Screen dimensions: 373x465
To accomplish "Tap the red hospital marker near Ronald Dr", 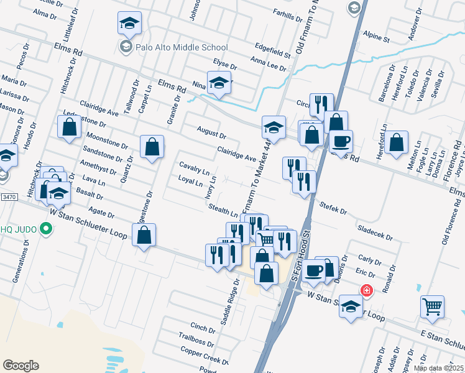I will click(x=367, y=290).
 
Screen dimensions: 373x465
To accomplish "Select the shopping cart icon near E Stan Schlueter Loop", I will click(x=432, y=305).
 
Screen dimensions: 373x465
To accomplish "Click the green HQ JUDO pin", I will click(x=45, y=230).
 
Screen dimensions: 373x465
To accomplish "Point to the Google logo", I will click(x=21, y=366).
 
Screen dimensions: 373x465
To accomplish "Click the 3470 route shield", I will click(x=9, y=197).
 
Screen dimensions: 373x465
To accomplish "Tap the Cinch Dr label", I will click(x=203, y=327).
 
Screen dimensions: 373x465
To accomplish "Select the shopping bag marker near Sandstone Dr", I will click(x=152, y=147).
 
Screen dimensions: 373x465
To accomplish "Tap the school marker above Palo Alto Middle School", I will click(x=130, y=23).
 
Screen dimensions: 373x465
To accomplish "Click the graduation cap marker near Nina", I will click(x=219, y=83).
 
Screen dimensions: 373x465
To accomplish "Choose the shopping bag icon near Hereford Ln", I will click(x=396, y=142).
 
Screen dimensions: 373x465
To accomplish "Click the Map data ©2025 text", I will click(x=439, y=368).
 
